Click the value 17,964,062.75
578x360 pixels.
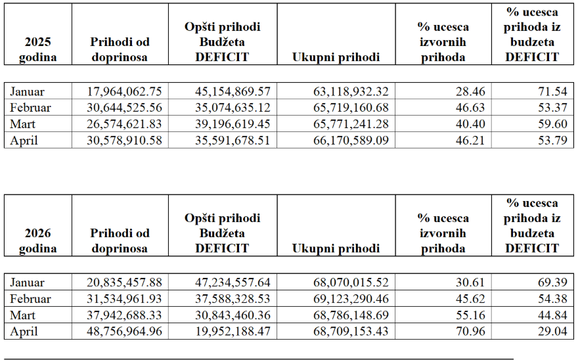point(124,91)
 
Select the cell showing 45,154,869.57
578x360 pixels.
point(233,91)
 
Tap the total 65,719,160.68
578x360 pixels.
point(351,107)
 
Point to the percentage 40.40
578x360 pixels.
point(470,124)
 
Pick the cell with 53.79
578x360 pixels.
point(552,140)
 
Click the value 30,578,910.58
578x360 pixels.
point(124,140)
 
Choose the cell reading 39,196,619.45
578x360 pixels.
point(233,124)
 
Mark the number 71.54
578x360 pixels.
point(552,91)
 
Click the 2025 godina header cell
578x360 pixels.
point(37,49)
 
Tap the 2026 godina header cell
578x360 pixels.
point(37,240)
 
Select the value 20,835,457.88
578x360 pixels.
point(124,282)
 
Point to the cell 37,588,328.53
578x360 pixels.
point(233,298)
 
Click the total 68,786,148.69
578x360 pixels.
point(351,315)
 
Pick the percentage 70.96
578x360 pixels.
point(470,331)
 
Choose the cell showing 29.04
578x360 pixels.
point(552,331)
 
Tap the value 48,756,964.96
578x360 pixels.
point(124,331)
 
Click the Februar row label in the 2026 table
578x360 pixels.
point(30,298)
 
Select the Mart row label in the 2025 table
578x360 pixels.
point(22,124)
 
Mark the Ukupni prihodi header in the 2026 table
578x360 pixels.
point(336,248)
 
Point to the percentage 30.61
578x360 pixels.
point(470,282)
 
